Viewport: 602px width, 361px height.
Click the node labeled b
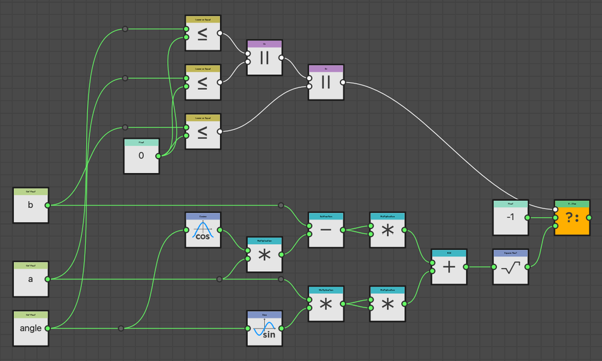coord(31,205)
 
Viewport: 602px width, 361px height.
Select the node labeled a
coord(31,278)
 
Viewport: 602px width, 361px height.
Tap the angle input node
coord(31,328)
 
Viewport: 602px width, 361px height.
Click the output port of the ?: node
coord(589,218)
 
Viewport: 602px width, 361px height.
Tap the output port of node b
coord(48,205)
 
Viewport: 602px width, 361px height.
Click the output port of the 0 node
coord(158,156)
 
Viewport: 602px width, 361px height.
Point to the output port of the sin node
coord(281,328)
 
